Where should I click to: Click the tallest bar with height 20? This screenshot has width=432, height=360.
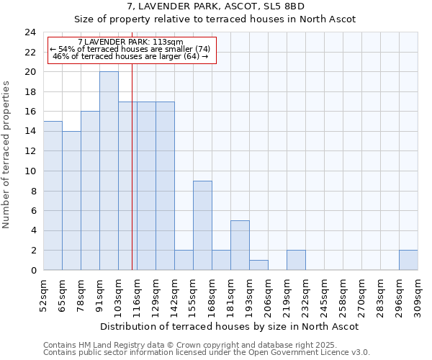pos(109,171)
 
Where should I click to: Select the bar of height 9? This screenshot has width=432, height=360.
pos(202,225)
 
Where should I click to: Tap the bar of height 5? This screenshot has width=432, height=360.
pos(240,245)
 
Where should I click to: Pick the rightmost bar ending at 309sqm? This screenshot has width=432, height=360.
pos(408,260)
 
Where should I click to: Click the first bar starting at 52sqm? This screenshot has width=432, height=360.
pos(53,195)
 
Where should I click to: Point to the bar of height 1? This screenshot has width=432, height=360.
pos(258,265)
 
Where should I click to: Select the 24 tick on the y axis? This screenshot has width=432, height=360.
pos(30,32)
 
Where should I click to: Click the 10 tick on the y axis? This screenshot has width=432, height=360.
pos(30,171)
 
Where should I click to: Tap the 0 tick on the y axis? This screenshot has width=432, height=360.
pos(33,270)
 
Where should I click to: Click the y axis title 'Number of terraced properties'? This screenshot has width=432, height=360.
pos(7,155)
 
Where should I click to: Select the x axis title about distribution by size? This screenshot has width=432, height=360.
pos(229,326)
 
